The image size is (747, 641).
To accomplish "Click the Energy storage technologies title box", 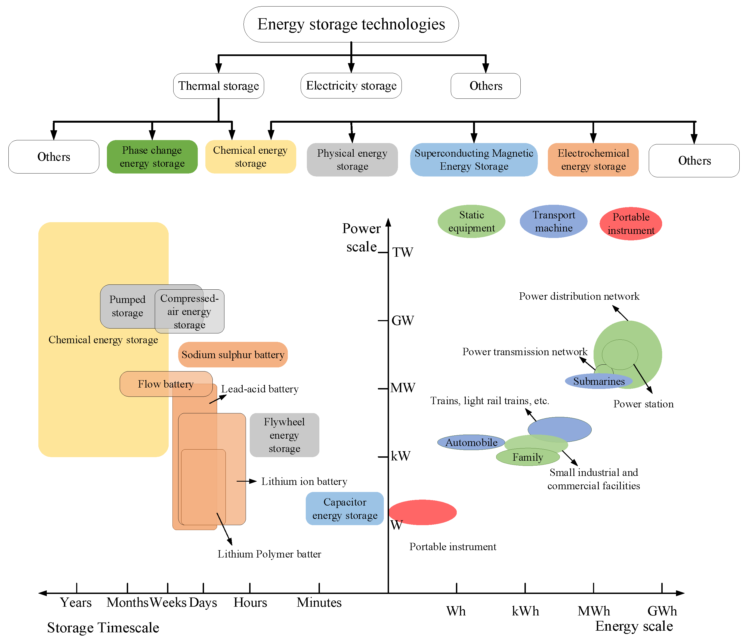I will click(351, 24).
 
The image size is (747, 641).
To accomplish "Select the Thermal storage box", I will click(218, 86).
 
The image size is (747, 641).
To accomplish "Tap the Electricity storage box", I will click(351, 86).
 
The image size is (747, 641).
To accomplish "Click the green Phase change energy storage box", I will click(152, 157).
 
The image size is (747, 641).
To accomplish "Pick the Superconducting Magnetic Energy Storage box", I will click(473, 160).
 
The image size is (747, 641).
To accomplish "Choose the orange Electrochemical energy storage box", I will click(593, 160).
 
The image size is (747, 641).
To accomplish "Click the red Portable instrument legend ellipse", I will click(631, 224).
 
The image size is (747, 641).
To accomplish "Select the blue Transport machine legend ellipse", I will click(553, 221).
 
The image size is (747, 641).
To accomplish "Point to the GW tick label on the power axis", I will click(403, 320).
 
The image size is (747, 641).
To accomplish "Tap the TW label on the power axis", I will click(403, 252).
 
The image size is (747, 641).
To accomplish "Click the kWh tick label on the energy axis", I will click(525, 611).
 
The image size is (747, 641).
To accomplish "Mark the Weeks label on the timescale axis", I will click(168, 602).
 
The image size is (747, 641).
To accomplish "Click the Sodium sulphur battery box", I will click(233, 355).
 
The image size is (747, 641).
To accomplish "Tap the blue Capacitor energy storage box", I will click(345, 509).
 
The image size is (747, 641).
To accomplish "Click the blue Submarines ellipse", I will click(598, 381).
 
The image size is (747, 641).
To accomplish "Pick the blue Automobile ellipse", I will click(471, 442).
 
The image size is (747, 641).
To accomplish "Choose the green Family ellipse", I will click(528, 457).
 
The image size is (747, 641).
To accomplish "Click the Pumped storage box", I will click(127, 306).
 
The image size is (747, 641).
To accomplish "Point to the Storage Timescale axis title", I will click(103, 628).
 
